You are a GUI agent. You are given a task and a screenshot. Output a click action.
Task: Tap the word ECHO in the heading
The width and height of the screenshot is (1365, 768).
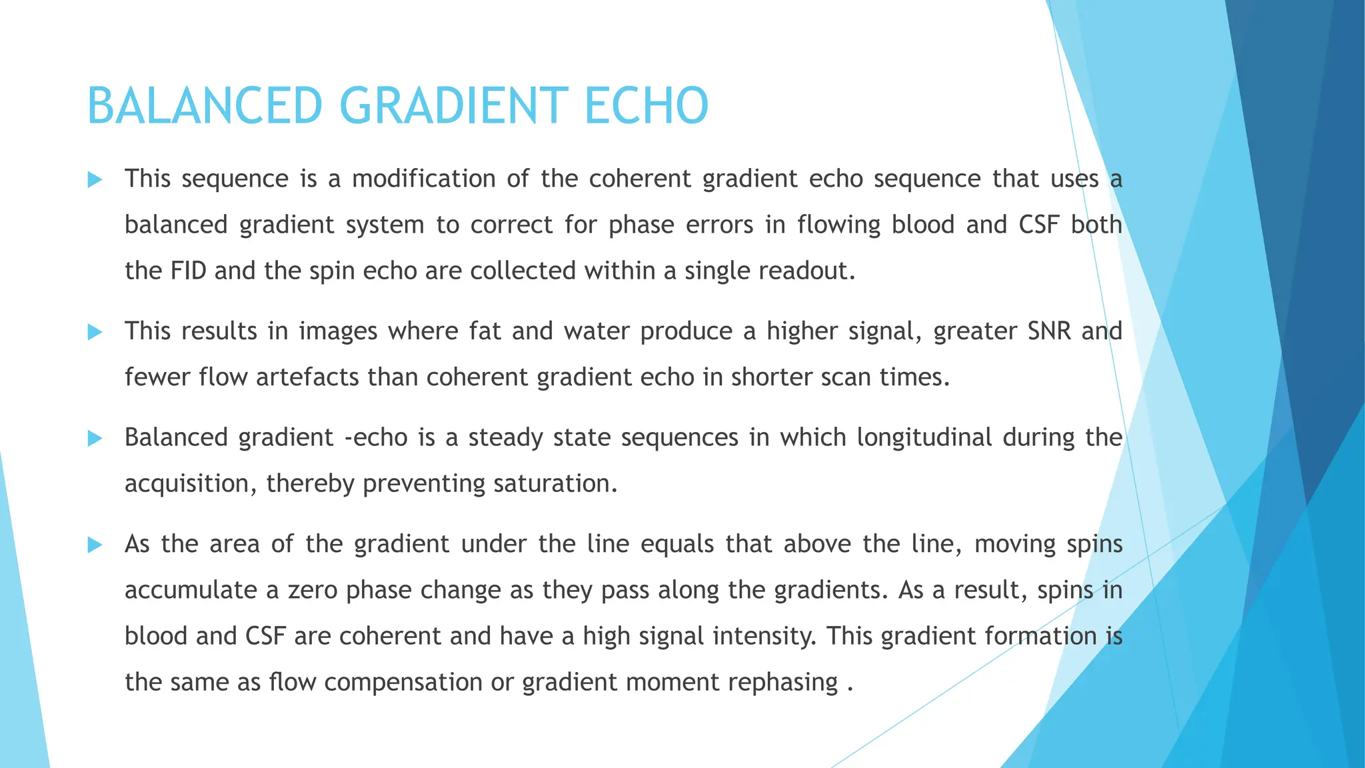pos(646,106)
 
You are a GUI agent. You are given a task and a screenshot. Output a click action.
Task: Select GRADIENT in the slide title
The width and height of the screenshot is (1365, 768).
pos(454,106)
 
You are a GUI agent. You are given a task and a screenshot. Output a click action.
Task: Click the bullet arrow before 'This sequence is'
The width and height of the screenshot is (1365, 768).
pos(95,179)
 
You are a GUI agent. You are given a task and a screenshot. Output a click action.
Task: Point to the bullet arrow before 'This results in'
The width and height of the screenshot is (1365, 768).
pos(95,332)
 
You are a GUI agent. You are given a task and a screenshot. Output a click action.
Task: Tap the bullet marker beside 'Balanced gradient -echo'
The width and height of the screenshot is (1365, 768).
pos(95,438)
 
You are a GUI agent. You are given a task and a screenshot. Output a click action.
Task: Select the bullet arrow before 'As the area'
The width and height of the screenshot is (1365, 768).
pos(95,545)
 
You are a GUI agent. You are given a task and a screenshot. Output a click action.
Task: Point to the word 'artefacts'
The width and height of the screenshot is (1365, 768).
pos(308,377)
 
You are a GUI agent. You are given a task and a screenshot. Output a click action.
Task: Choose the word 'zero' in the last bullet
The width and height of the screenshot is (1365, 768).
pos(311,590)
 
